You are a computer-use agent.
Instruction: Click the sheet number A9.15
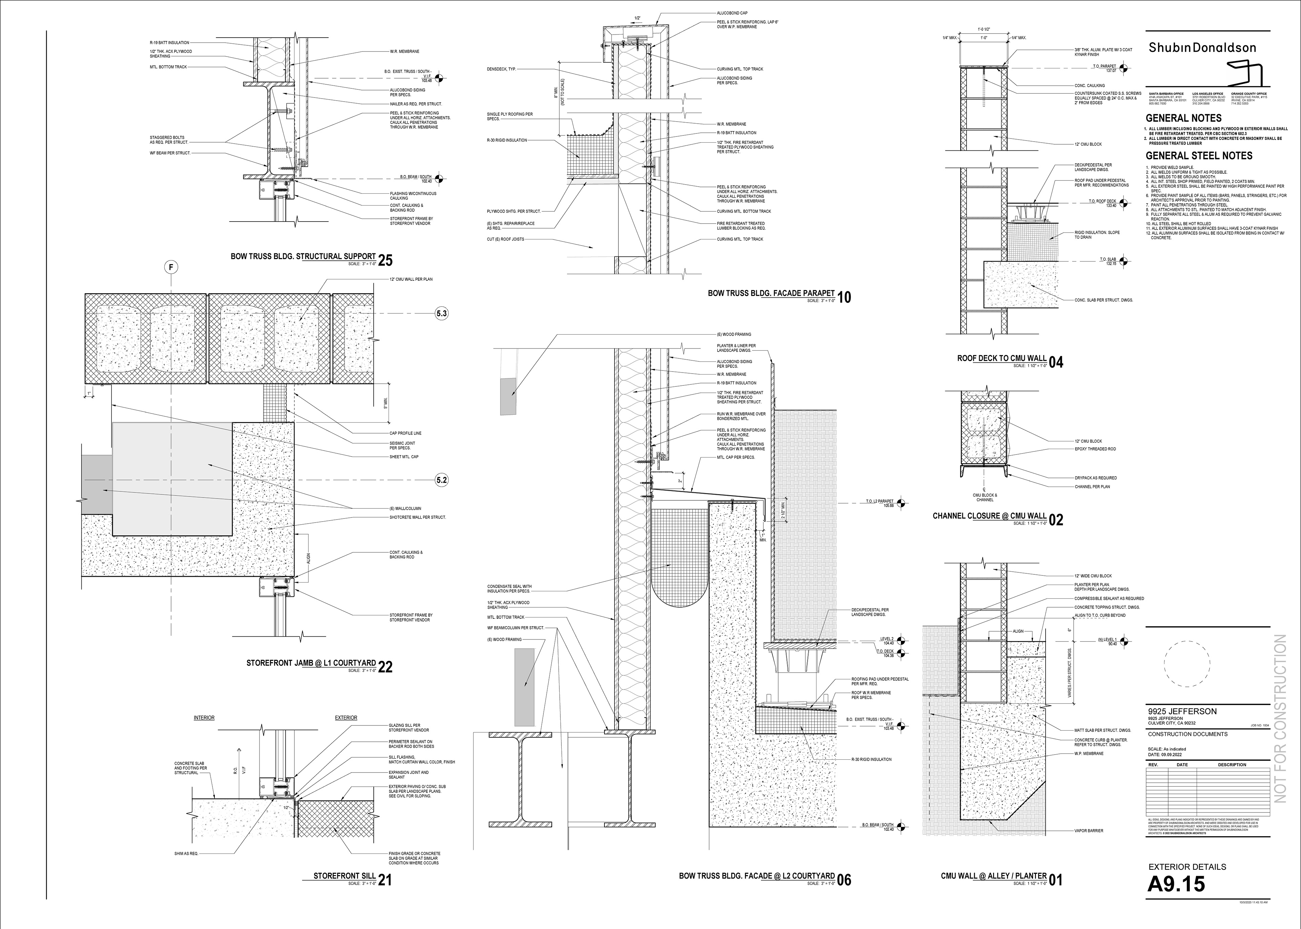1176,884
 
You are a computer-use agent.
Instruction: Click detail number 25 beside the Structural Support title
386,260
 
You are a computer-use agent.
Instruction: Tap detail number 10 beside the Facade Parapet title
844,297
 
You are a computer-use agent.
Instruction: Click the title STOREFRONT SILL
345,876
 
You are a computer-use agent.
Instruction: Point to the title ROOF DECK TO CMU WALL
1002,359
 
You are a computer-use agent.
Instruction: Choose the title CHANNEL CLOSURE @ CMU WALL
989,516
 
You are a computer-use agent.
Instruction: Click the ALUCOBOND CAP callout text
732,13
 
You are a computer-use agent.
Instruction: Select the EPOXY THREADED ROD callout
1095,449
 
